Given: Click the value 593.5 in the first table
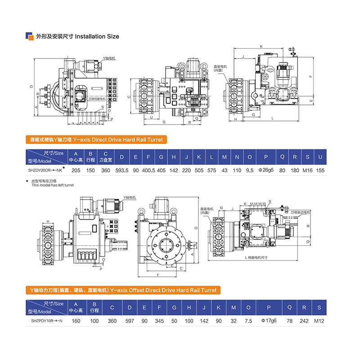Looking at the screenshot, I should tap(122, 171).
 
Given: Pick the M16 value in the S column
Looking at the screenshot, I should tap(307, 171).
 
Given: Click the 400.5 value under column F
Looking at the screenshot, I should tap(148, 171).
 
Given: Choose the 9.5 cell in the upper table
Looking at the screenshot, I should tap(250, 171).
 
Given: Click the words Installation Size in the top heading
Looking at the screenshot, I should tap(96, 36).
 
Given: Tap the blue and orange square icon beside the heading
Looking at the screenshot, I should tap(30, 36).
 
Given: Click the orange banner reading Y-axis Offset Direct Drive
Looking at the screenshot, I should tap(122, 290).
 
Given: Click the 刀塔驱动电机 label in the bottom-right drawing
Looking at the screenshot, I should tap(301, 211).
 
